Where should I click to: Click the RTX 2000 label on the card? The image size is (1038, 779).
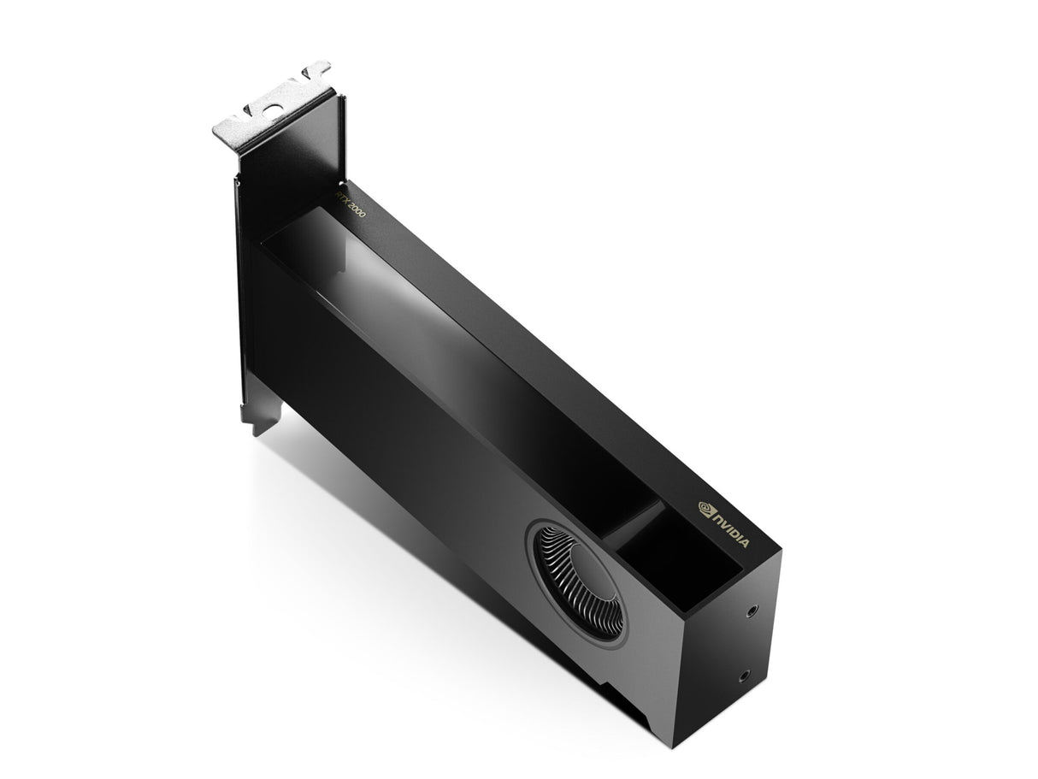point(349,205)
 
